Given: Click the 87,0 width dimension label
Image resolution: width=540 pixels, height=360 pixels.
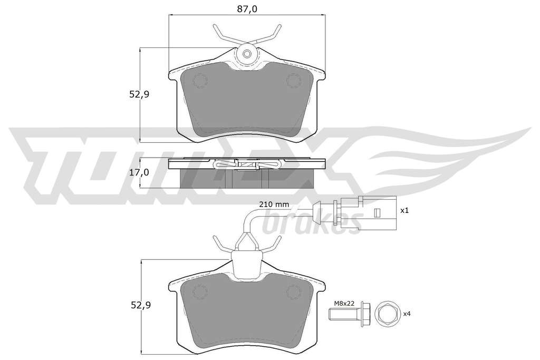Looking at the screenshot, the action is pyautogui.click(x=247, y=9).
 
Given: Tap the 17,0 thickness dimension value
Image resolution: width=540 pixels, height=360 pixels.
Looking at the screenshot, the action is pyautogui.click(x=139, y=172).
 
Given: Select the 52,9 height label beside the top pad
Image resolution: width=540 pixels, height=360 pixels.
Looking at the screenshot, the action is pyautogui.click(x=139, y=94).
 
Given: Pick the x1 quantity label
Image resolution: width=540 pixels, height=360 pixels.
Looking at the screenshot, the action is pyautogui.click(x=404, y=210).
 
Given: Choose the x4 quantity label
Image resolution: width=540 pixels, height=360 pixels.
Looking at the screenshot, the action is pyautogui.click(x=407, y=314).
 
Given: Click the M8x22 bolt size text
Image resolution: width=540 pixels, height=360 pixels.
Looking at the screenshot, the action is pyautogui.click(x=344, y=303).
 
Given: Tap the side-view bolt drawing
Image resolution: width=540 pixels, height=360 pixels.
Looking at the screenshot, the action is pyautogui.click(x=350, y=314).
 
